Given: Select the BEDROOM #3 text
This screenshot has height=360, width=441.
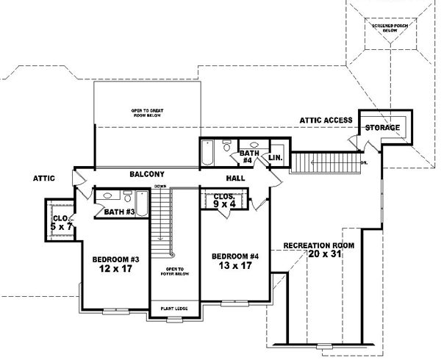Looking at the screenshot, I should [x=111, y=260].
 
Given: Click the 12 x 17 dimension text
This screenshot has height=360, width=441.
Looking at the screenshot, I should [x=111, y=270].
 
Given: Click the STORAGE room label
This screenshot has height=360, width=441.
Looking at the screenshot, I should [x=383, y=128].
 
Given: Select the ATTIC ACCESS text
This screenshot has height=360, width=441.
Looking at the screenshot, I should [x=326, y=120].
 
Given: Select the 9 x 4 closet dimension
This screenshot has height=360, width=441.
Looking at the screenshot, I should [x=223, y=205].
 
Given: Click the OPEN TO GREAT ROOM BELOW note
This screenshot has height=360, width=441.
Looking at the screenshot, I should [x=147, y=113].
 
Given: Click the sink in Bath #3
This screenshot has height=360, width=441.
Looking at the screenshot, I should [x=108, y=196].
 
